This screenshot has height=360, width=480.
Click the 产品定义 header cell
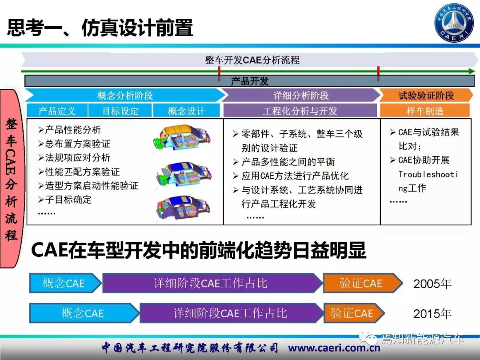pos(57,111)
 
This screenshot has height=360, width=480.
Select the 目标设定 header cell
pos(120,111)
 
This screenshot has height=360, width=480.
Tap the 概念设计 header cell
pos(186,111)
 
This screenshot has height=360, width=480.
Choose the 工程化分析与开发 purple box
pos(300,111)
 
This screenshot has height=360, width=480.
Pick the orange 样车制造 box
pos(425,111)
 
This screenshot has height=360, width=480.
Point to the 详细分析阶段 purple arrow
pos(300,95)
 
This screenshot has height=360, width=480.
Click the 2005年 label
pos(432,284)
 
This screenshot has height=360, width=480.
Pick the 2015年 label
pos(432,313)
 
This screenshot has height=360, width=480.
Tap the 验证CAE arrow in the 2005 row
pos(363,283)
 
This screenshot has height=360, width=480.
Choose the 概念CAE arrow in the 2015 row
pos(84,313)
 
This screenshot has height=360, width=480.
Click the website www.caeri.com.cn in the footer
pos(334,348)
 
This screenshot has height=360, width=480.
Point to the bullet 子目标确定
pos(65,200)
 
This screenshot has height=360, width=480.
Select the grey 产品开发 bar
pos(249,81)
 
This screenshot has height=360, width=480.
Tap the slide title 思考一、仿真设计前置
pos(100,28)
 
